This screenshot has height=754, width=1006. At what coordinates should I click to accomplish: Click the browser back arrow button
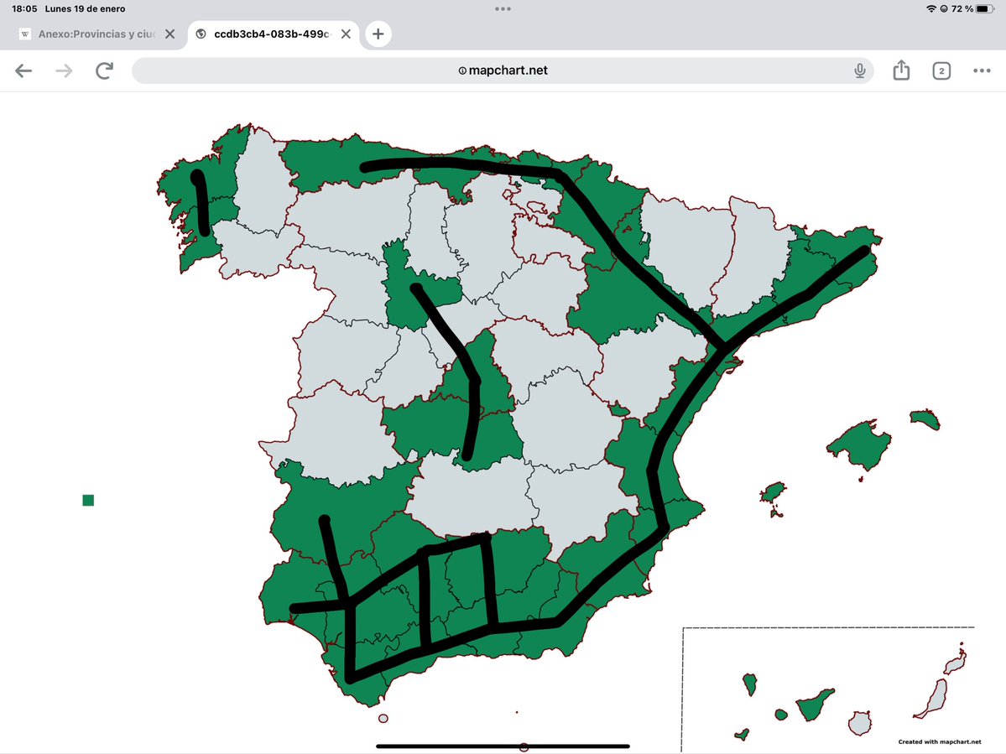tap(23, 70)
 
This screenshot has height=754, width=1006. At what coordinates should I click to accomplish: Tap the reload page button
tap(104, 70)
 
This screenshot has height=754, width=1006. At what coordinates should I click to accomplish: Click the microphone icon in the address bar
tap(860, 70)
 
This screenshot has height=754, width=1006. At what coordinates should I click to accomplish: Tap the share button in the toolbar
tap(901, 70)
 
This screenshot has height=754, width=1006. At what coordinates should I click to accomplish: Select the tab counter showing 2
tap(941, 70)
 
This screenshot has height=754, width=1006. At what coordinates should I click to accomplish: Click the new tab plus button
tap(378, 34)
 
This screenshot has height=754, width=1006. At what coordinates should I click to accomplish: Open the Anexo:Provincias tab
tap(92, 34)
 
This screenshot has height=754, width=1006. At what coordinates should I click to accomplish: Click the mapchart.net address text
tap(508, 70)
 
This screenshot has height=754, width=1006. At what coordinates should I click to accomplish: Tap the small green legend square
tap(88, 501)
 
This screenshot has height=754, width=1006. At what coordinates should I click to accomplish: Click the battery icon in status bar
tap(985, 9)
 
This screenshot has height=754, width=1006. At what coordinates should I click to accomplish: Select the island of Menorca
tap(925, 419)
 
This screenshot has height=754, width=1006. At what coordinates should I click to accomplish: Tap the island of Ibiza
tap(773, 491)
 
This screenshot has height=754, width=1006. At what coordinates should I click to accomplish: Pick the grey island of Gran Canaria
tap(860, 722)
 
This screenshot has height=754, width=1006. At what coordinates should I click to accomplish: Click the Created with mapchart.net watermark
tap(939, 741)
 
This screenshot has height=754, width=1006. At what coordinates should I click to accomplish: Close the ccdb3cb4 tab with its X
tap(346, 34)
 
